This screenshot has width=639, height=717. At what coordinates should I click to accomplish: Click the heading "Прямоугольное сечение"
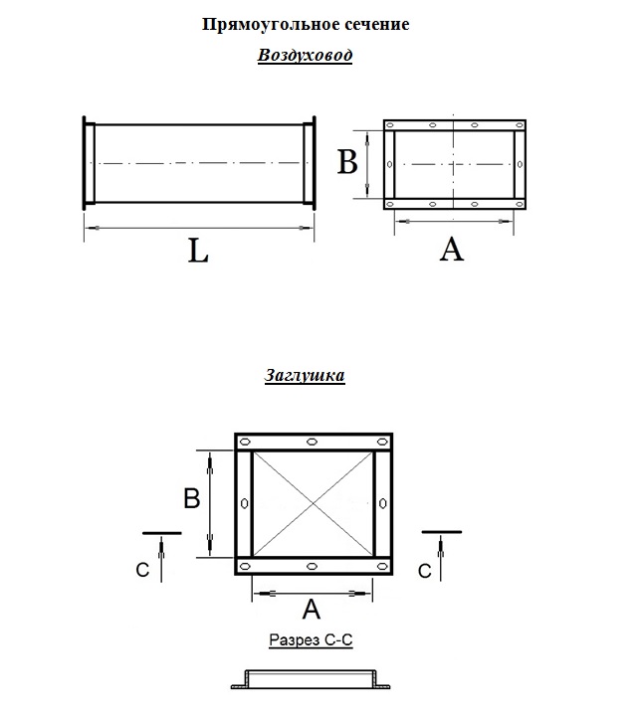[306, 25]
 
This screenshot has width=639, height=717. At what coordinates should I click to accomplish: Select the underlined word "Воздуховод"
[305, 55]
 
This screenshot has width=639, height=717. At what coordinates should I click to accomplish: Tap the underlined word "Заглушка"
[305, 375]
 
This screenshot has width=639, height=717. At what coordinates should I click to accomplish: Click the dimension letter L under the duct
[198, 252]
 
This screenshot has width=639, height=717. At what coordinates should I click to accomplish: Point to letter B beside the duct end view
[347, 162]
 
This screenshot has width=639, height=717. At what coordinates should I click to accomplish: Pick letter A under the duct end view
[451, 250]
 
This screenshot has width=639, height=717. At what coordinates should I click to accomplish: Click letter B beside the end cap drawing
[192, 498]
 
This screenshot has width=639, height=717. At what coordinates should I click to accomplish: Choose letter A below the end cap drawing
[312, 609]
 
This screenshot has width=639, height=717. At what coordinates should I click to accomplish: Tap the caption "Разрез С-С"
[311, 639]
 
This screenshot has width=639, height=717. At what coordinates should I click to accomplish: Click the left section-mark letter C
[142, 570]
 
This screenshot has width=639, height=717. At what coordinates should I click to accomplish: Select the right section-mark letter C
[425, 571]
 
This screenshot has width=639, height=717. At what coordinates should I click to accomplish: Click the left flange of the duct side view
[89, 163]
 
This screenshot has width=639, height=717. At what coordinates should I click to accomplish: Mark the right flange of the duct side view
[310, 163]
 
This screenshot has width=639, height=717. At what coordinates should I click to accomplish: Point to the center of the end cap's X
[314, 504]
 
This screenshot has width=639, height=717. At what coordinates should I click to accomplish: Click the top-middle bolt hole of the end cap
[312, 442]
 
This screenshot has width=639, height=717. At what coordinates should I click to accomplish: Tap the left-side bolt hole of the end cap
[245, 503]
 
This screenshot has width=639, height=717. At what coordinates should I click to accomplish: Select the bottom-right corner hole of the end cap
[382, 567]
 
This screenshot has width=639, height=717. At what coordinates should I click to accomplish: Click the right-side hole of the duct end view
[520, 164]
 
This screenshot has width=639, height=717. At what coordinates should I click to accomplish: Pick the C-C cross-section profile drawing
[311, 679]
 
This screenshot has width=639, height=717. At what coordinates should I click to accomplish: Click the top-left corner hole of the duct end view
[390, 125]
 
